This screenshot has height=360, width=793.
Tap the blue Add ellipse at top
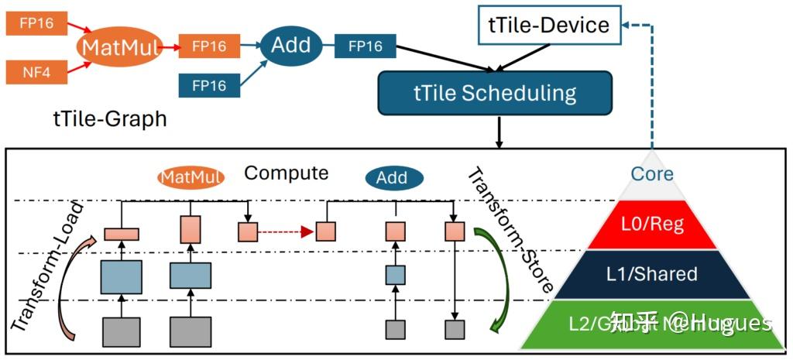290,46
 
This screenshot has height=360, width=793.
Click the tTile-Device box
549,25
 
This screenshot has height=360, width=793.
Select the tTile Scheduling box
495,94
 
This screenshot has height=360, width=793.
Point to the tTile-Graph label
109,118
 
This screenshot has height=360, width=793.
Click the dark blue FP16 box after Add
365,46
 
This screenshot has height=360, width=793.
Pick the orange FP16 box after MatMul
208,46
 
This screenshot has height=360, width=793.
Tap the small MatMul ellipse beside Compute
191,177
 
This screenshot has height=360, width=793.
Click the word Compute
287,173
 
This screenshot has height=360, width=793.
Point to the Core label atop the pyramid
652,173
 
